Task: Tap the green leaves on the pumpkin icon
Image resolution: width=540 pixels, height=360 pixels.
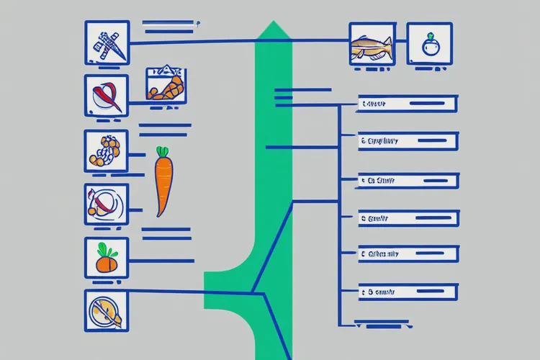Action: (105, 248)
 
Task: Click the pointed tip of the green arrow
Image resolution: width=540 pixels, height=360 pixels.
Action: (274, 25)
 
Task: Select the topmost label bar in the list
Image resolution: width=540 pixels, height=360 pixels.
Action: (407, 104)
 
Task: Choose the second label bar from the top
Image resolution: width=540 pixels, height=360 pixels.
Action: (407, 141)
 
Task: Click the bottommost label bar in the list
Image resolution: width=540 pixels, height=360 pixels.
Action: (407, 292)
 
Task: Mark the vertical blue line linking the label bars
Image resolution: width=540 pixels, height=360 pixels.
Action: (338, 216)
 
